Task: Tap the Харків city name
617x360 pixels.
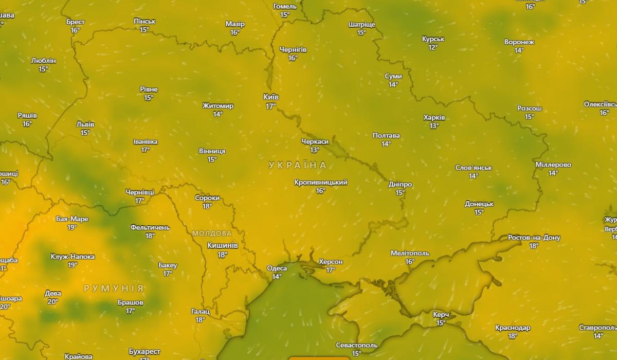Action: [x=434, y=117]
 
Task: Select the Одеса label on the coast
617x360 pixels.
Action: [x=277, y=268]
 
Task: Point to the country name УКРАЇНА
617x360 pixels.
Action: [x=297, y=165]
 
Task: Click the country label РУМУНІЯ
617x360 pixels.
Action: [x=114, y=289]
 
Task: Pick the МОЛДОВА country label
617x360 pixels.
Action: [x=212, y=233]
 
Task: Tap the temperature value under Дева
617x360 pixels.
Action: [x=52, y=302]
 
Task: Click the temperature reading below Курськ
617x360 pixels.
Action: [x=433, y=47]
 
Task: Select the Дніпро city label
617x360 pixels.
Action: [x=400, y=184]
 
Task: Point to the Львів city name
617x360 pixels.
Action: [x=85, y=124]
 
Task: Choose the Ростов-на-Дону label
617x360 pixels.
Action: [x=534, y=238]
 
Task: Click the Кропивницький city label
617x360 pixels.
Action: [x=320, y=182]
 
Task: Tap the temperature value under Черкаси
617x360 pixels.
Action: [x=315, y=150]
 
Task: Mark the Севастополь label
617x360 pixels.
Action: [x=356, y=345]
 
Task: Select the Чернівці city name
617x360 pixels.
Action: [x=140, y=192]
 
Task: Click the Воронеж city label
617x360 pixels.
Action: [x=519, y=42]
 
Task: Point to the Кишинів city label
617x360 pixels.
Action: [x=222, y=245]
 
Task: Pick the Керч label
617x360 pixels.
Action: [x=441, y=314]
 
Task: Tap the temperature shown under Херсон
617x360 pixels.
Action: [x=331, y=270]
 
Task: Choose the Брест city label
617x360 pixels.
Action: [x=76, y=22]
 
